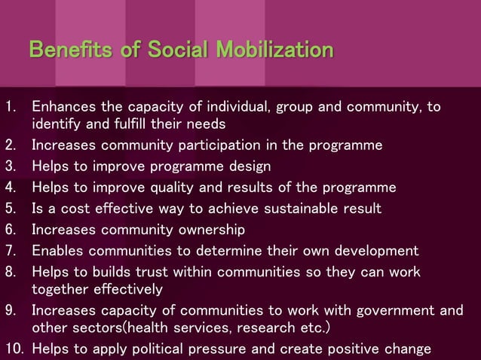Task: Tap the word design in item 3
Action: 248,166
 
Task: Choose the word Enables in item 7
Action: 57,250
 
